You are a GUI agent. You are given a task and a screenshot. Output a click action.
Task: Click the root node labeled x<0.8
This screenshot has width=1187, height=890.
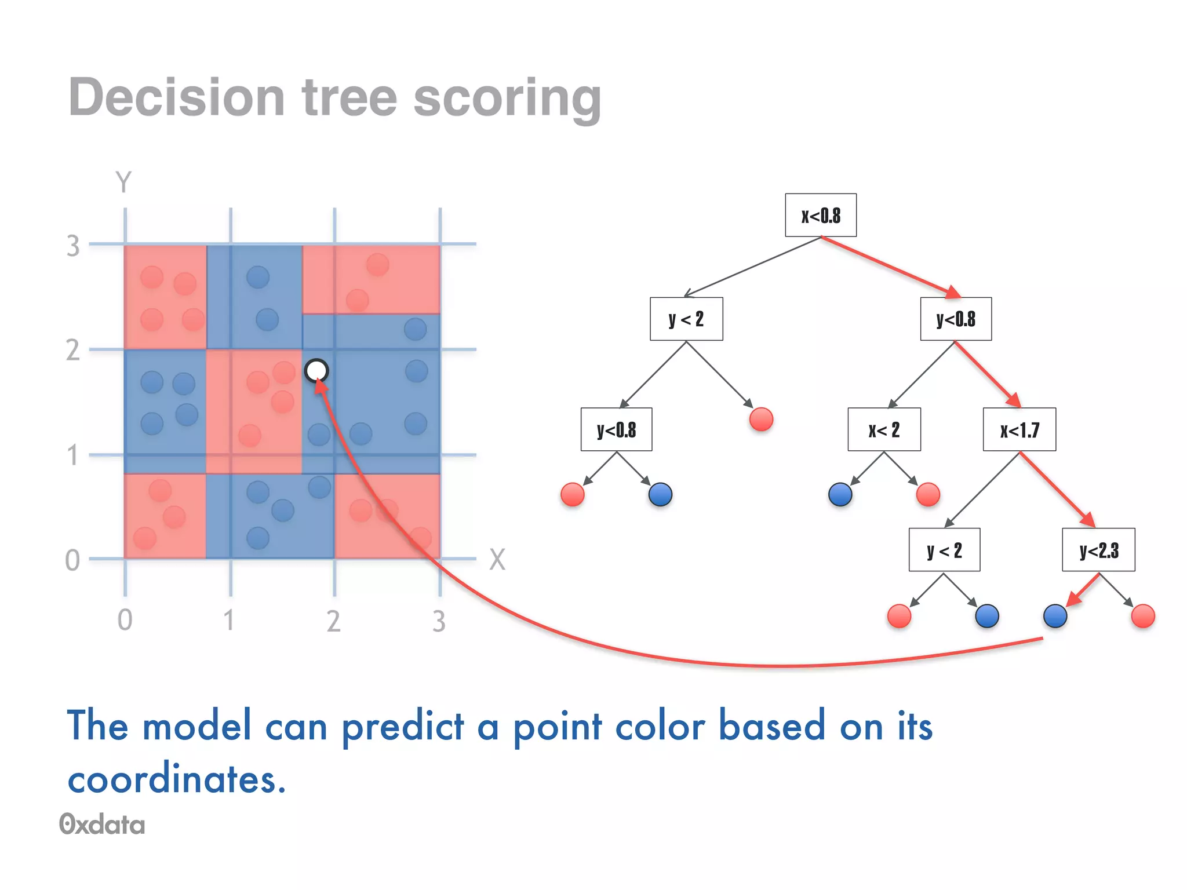click(820, 215)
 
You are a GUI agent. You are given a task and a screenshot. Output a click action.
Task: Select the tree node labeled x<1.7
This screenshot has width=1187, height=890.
click(1019, 429)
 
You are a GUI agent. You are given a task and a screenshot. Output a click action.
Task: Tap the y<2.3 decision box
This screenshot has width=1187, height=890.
click(1098, 549)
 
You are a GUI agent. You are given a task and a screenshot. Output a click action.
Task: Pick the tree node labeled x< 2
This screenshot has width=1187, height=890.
click(883, 429)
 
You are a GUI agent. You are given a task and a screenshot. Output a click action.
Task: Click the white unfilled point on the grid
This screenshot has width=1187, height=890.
click(316, 370)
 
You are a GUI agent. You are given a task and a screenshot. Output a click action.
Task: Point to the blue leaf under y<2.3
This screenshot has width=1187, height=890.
click(1055, 616)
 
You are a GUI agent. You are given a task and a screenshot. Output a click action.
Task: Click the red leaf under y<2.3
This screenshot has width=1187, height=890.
click(1143, 616)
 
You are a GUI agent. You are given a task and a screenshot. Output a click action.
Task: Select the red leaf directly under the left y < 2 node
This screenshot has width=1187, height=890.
click(761, 419)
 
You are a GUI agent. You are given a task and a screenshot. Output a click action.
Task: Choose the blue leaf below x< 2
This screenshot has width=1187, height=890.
click(840, 494)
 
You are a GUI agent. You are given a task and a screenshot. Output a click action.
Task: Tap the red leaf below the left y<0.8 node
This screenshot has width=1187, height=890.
click(573, 494)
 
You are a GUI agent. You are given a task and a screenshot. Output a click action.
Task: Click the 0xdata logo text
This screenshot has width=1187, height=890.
click(102, 825)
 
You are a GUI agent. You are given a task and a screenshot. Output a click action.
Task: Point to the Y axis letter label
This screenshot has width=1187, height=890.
click(123, 182)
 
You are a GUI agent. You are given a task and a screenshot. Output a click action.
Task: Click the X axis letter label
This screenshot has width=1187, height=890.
click(497, 560)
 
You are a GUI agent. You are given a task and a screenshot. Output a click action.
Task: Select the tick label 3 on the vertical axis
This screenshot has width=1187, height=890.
click(72, 246)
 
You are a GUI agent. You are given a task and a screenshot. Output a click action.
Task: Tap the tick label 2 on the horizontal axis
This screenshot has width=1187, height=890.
click(333, 621)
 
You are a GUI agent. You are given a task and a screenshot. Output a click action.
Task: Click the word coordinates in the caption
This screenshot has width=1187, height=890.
click(177, 778)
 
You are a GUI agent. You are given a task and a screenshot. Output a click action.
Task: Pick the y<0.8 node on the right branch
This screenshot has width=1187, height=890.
click(955, 319)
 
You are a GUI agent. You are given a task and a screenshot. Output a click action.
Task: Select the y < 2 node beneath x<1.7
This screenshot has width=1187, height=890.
click(944, 549)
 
